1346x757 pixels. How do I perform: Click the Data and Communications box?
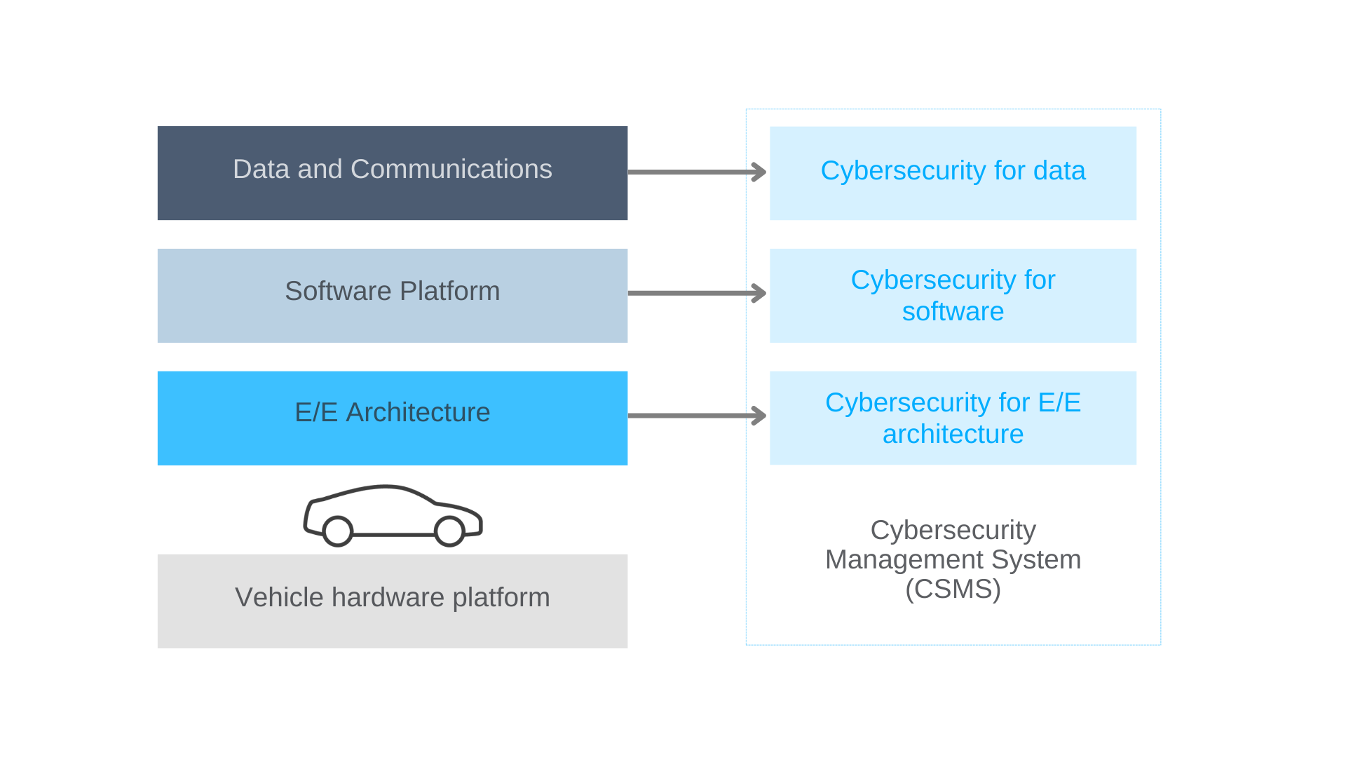pos(393,173)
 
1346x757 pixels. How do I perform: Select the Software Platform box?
pos(393,295)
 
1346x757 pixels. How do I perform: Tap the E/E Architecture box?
pos(393,418)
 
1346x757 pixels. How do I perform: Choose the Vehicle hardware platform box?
pos(393,601)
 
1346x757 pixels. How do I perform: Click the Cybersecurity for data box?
pos(953,173)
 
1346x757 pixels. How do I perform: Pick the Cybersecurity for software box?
pos(953,295)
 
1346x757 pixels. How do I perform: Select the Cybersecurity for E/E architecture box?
pos(953,418)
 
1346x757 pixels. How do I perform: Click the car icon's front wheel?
pos(449,531)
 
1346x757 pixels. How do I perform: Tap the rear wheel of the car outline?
pos(338,531)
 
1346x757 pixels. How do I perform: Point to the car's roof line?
pos(384,487)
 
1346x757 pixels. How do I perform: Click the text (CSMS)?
pos(953,589)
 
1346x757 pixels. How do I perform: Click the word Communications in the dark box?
pos(451,169)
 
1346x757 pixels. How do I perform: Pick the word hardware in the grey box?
pos(388,598)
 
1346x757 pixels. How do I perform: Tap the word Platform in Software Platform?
pos(449,292)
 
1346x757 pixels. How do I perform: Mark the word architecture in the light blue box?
pos(953,435)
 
